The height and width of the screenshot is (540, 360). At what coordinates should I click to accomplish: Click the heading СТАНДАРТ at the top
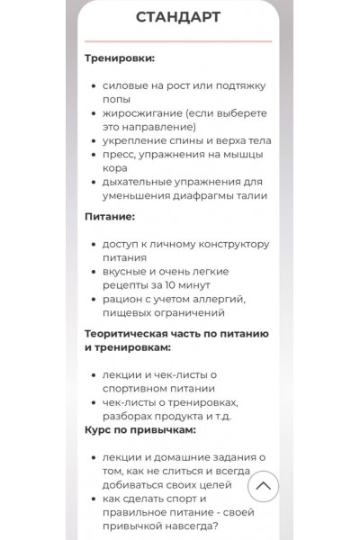[178, 17]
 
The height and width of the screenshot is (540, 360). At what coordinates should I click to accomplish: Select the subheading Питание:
[110, 217]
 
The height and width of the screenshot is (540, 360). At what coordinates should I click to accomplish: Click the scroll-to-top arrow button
[263, 487]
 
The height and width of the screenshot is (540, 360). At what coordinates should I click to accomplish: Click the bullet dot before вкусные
[94, 272]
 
